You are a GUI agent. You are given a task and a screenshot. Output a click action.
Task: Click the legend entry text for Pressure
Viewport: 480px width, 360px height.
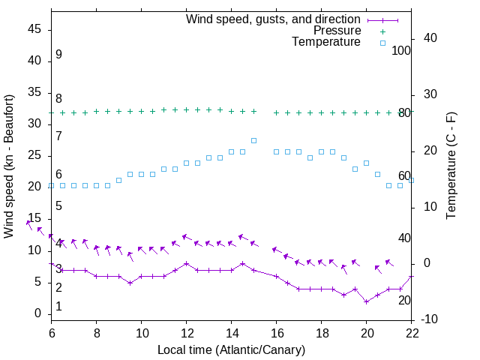337,31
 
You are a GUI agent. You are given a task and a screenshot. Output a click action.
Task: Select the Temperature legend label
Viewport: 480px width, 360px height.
326,42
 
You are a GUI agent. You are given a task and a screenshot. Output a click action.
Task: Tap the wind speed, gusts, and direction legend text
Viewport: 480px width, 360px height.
274,19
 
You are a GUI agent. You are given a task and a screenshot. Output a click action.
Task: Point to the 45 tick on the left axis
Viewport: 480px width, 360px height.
34,29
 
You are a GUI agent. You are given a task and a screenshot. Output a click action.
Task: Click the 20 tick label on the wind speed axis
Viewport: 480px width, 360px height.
34,187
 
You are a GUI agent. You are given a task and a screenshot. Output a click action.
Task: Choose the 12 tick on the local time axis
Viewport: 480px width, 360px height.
186,332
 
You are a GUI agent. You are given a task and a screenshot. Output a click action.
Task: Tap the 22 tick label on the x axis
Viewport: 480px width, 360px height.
411,332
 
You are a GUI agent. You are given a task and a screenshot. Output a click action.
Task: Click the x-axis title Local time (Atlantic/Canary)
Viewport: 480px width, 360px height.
231,349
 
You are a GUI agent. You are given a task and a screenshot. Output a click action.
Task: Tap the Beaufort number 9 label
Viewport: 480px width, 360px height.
58,55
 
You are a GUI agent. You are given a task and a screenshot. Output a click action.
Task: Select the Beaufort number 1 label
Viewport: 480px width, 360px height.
58,307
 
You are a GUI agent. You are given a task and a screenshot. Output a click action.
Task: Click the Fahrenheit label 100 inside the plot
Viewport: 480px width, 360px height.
402,50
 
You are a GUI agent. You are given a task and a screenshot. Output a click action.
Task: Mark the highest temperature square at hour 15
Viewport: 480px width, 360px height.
253,140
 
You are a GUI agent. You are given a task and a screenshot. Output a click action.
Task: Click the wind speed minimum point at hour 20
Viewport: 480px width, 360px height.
366,301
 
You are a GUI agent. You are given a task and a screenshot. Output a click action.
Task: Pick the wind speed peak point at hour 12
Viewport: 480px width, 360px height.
186,263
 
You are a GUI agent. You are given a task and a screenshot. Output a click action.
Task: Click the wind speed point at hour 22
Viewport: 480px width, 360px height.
411,276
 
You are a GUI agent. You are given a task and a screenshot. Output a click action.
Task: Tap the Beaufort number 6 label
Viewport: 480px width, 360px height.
58,174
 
